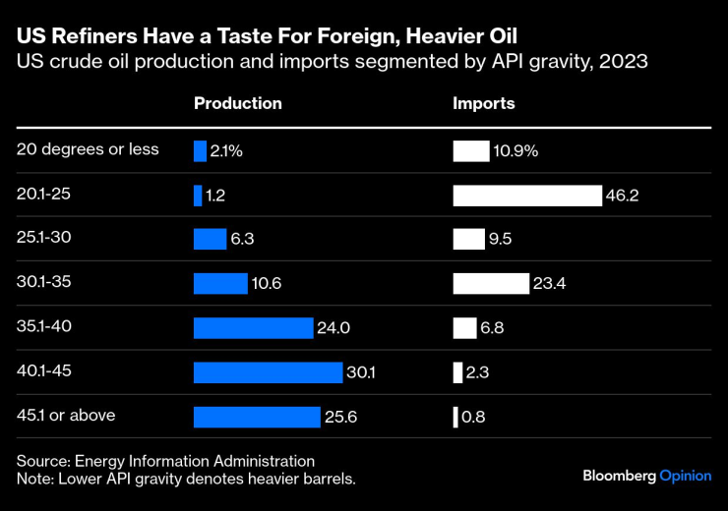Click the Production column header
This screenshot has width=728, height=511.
237,103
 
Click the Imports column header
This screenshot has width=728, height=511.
483,103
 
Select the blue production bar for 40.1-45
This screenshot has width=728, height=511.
269,372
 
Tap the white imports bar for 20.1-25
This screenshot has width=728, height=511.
526,196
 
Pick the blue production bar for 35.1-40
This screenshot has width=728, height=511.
253,328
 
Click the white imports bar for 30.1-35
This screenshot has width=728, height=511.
491,284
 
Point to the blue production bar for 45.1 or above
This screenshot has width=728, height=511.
257,417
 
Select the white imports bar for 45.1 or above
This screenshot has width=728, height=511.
455,417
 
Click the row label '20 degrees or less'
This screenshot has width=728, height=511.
88,149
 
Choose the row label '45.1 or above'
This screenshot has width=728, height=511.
66,415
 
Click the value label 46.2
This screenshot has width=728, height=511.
623,196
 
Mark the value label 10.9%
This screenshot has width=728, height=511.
516,151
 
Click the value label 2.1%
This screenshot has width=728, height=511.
226,151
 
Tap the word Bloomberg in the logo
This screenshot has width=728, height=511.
619,476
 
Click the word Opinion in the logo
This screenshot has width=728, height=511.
685,476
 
